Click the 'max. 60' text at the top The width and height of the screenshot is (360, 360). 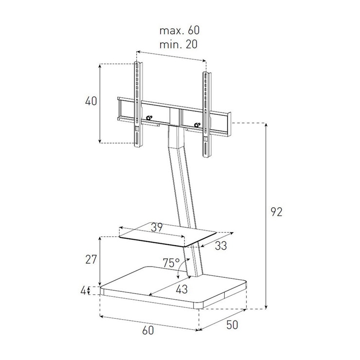180,30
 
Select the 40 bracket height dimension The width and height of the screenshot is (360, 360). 91,101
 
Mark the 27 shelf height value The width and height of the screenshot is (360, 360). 91,260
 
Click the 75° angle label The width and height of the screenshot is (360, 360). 171,263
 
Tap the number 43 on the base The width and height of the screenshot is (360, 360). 181,289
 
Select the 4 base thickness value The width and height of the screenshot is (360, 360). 84,291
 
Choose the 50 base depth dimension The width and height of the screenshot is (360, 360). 232,325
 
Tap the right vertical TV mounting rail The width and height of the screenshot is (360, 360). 207,114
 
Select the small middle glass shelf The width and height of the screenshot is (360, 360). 168,235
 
